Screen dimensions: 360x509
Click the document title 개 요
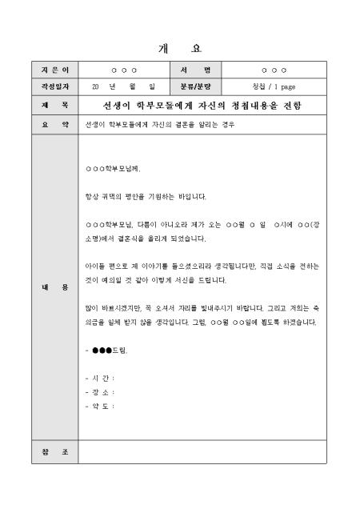click(x=180, y=49)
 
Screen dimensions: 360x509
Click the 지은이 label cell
click(x=56, y=71)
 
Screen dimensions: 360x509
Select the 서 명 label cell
click(x=195, y=71)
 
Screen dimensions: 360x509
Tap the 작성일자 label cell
click(x=56, y=86)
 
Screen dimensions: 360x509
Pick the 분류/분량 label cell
click(x=195, y=86)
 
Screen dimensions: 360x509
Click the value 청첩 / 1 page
click(x=274, y=86)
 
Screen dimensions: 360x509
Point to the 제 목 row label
click(x=56, y=105)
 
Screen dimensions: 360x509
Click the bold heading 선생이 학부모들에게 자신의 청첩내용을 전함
click(x=202, y=105)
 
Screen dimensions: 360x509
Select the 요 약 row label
click(x=56, y=125)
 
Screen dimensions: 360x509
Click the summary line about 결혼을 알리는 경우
click(x=161, y=125)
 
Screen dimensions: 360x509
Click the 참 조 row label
click(x=56, y=452)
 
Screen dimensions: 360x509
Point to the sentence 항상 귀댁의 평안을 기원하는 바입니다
click(x=146, y=196)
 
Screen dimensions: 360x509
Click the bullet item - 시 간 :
click(x=100, y=378)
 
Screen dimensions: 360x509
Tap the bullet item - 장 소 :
click(x=100, y=392)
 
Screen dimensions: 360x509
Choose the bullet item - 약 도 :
click(x=100, y=406)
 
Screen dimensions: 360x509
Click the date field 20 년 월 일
click(x=123, y=86)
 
